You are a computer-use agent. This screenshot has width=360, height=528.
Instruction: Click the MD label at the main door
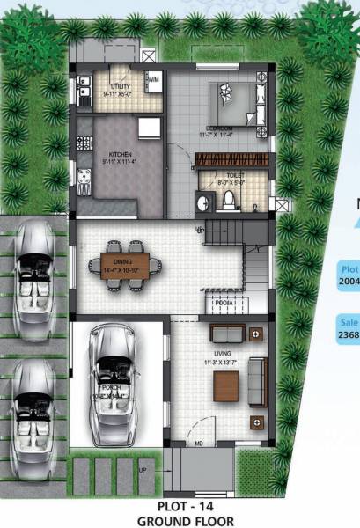click(x=199, y=442)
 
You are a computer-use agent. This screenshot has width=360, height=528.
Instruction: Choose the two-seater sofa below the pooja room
click(x=231, y=334)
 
